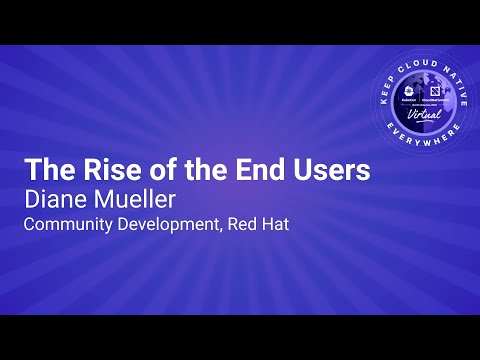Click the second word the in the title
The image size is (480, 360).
point(208,169)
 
